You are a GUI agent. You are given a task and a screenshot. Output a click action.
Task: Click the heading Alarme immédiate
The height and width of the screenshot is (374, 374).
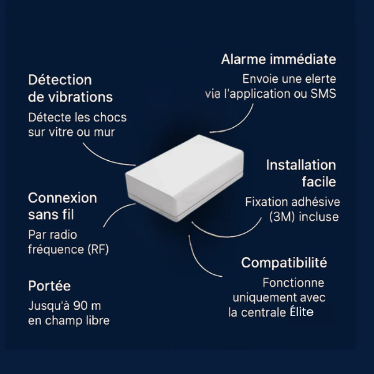point(279,59)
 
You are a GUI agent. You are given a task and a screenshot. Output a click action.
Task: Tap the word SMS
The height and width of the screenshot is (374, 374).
point(323,94)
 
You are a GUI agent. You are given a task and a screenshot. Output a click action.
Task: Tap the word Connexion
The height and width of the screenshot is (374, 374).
point(62,198)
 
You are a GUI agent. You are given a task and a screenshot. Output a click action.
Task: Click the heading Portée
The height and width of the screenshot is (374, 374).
point(49,286)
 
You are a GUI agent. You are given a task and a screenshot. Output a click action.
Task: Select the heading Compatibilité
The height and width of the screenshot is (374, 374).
point(284,262)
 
